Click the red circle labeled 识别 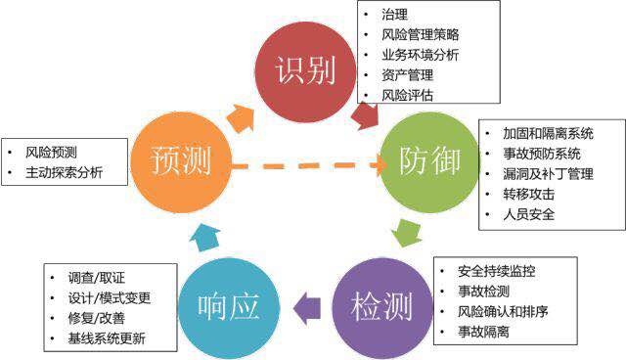point(305,71)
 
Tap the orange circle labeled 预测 point(181,162)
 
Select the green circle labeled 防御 point(429,162)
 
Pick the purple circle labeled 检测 point(382,308)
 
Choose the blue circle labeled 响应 point(229,308)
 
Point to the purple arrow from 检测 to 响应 point(307,308)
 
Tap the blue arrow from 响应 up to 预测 point(204,238)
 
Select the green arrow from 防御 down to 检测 point(407,233)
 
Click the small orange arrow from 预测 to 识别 point(241,118)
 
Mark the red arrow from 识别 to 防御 point(365,115)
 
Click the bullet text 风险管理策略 point(420,34)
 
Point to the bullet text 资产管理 point(407,75)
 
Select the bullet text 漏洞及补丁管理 point(548,174)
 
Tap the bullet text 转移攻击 point(528,195)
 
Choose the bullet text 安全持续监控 point(496,271)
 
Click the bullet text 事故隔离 point(483,332)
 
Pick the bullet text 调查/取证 point(96,278)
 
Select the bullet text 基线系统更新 point(107,338)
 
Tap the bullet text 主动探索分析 point(64,172)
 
